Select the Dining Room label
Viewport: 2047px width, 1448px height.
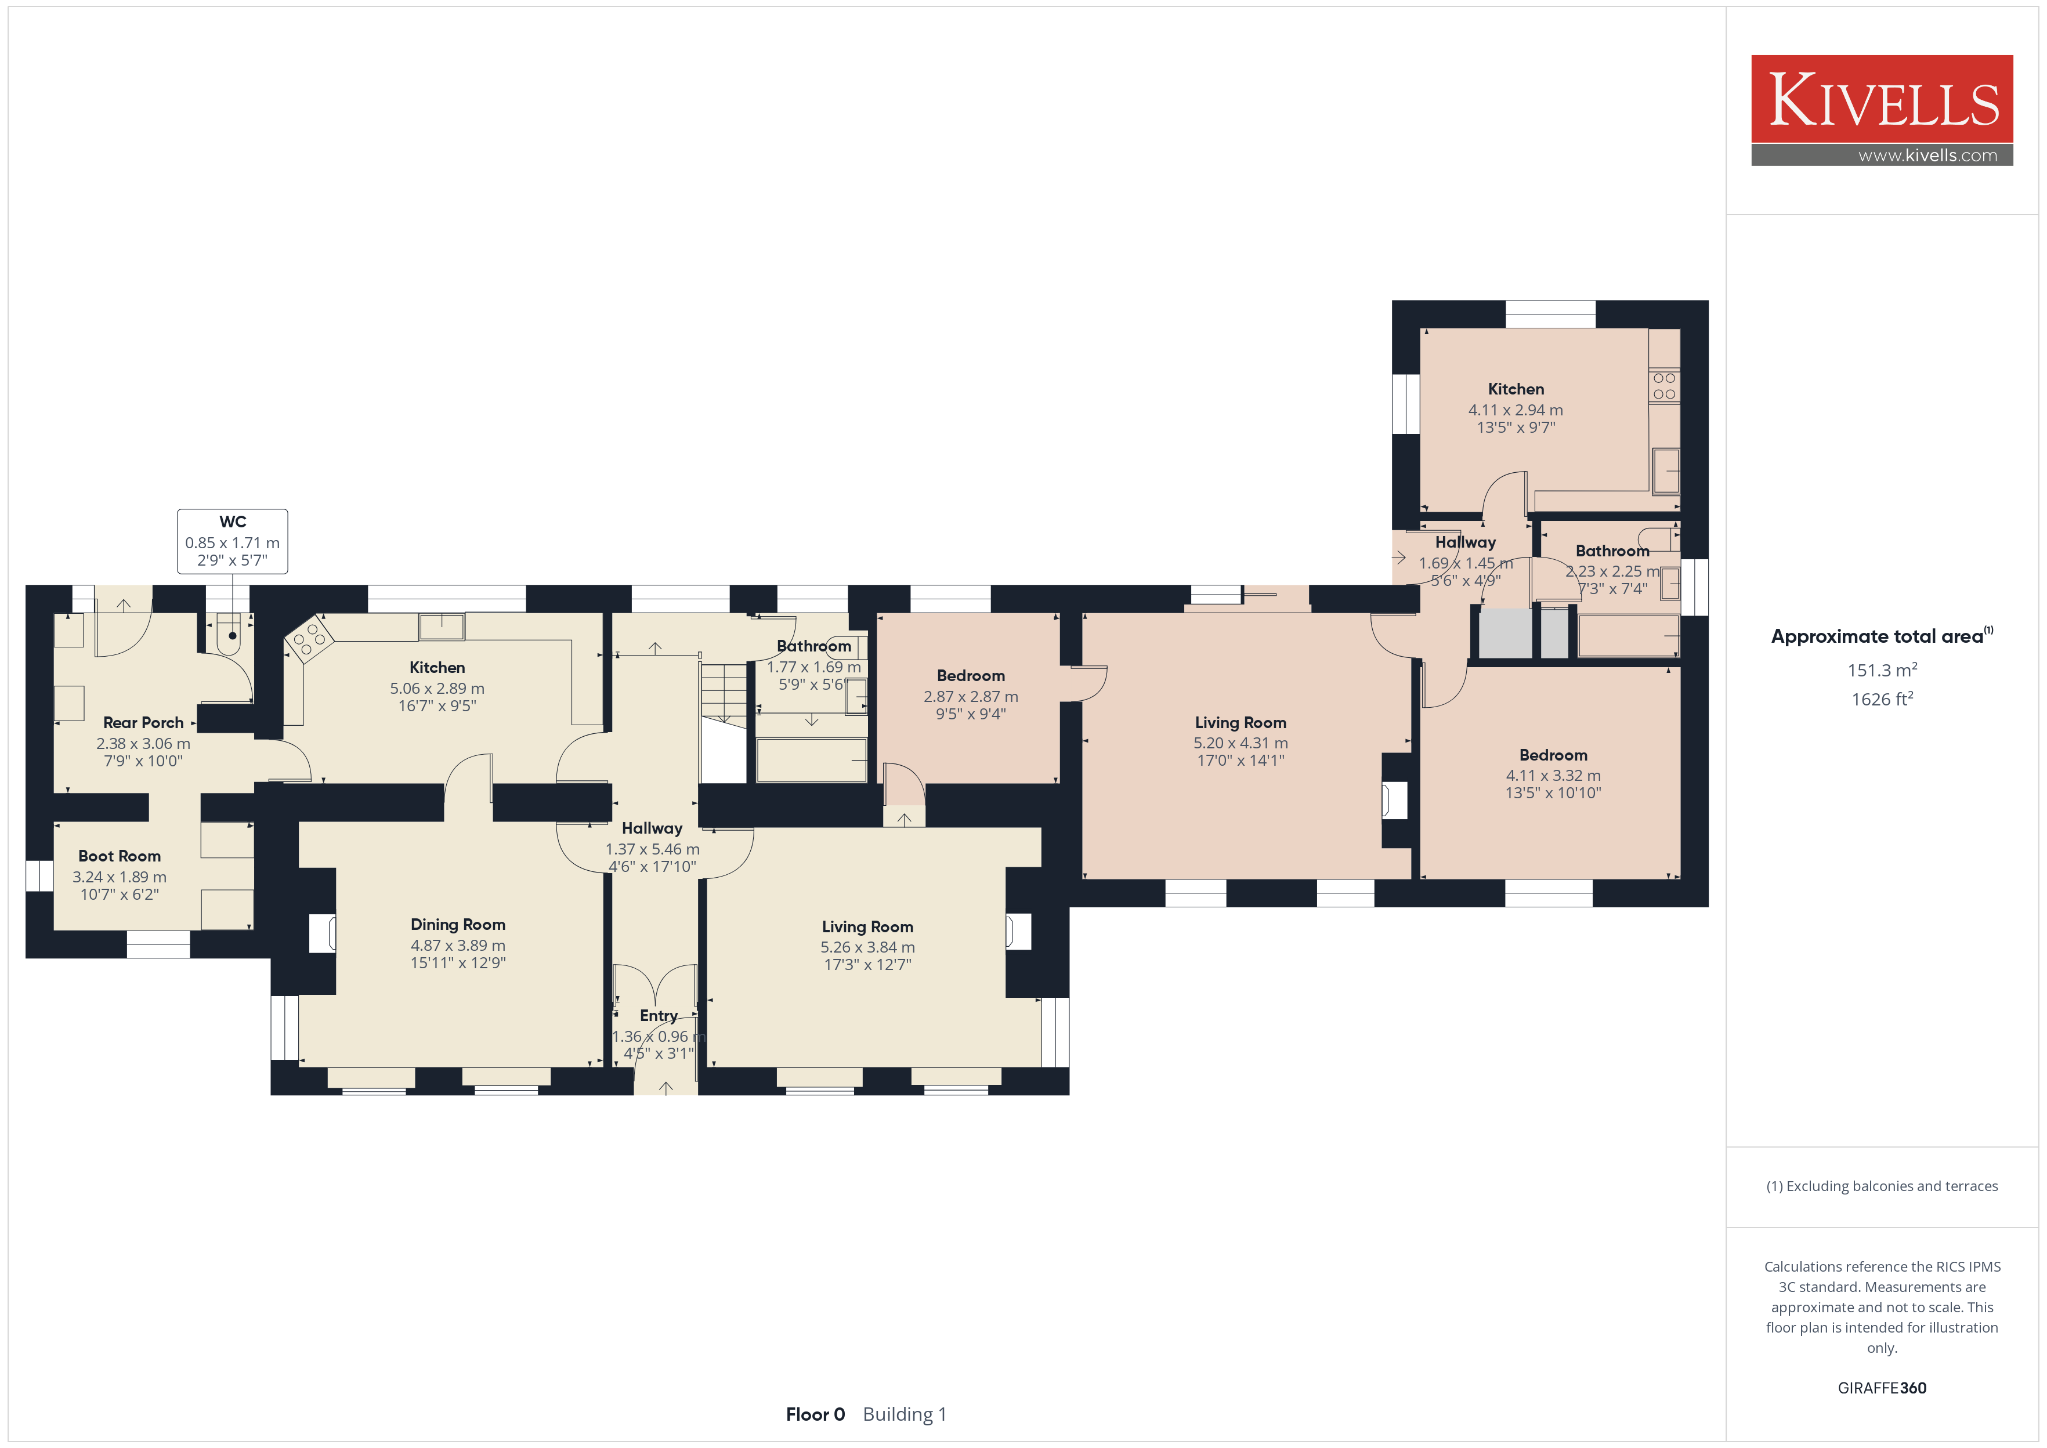pyautogui.click(x=457, y=925)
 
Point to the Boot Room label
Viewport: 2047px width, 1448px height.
pyautogui.click(x=120, y=856)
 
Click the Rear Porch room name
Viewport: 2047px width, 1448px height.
pyautogui.click(x=143, y=722)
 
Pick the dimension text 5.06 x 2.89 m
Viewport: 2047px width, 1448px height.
pyautogui.click(x=437, y=689)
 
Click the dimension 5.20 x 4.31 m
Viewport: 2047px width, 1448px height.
pyautogui.click(x=1240, y=743)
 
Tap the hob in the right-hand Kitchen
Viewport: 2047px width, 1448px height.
pyautogui.click(x=1663, y=386)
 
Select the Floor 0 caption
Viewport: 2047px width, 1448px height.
pyautogui.click(x=815, y=1414)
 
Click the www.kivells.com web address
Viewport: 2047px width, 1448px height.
pyautogui.click(x=1927, y=155)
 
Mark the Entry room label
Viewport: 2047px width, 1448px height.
pyautogui.click(x=659, y=1016)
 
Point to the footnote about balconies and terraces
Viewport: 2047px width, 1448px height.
pyautogui.click(x=1881, y=1186)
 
